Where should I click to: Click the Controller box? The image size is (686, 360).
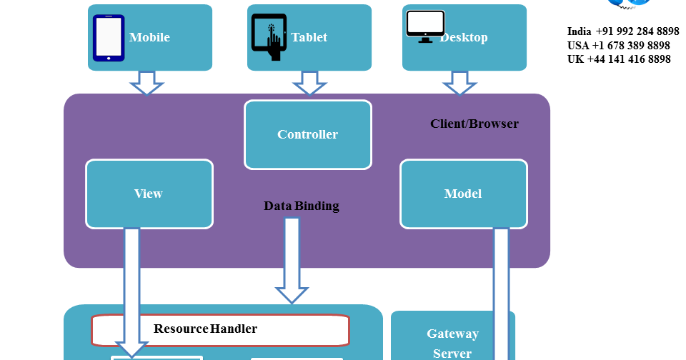click(x=308, y=134)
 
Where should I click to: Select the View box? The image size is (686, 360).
click(x=149, y=194)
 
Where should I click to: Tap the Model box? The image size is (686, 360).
click(x=463, y=194)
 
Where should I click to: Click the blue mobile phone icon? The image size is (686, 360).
click(x=109, y=38)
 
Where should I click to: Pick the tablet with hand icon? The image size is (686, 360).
click(x=269, y=38)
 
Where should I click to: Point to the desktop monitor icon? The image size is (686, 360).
click(x=425, y=26)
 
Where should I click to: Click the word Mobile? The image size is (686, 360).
click(x=149, y=37)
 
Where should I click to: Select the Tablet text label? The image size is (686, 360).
click(x=309, y=37)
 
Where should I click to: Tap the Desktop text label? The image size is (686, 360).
click(x=464, y=37)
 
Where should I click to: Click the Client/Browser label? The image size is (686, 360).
click(x=474, y=124)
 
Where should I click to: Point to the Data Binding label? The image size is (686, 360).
click(x=302, y=206)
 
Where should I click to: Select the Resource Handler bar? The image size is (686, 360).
click(x=220, y=329)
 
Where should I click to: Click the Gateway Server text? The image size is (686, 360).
click(x=453, y=343)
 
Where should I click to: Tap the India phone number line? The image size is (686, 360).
click(x=623, y=31)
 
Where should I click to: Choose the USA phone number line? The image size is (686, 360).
click(x=619, y=46)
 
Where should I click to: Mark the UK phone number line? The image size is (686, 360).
click(x=619, y=59)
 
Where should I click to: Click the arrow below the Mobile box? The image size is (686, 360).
click(x=146, y=83)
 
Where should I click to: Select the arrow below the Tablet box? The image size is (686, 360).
click(x=309, y=83)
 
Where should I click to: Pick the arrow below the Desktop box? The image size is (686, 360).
click(x=459, y=83)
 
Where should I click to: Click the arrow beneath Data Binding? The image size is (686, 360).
click(x=292, y=261)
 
